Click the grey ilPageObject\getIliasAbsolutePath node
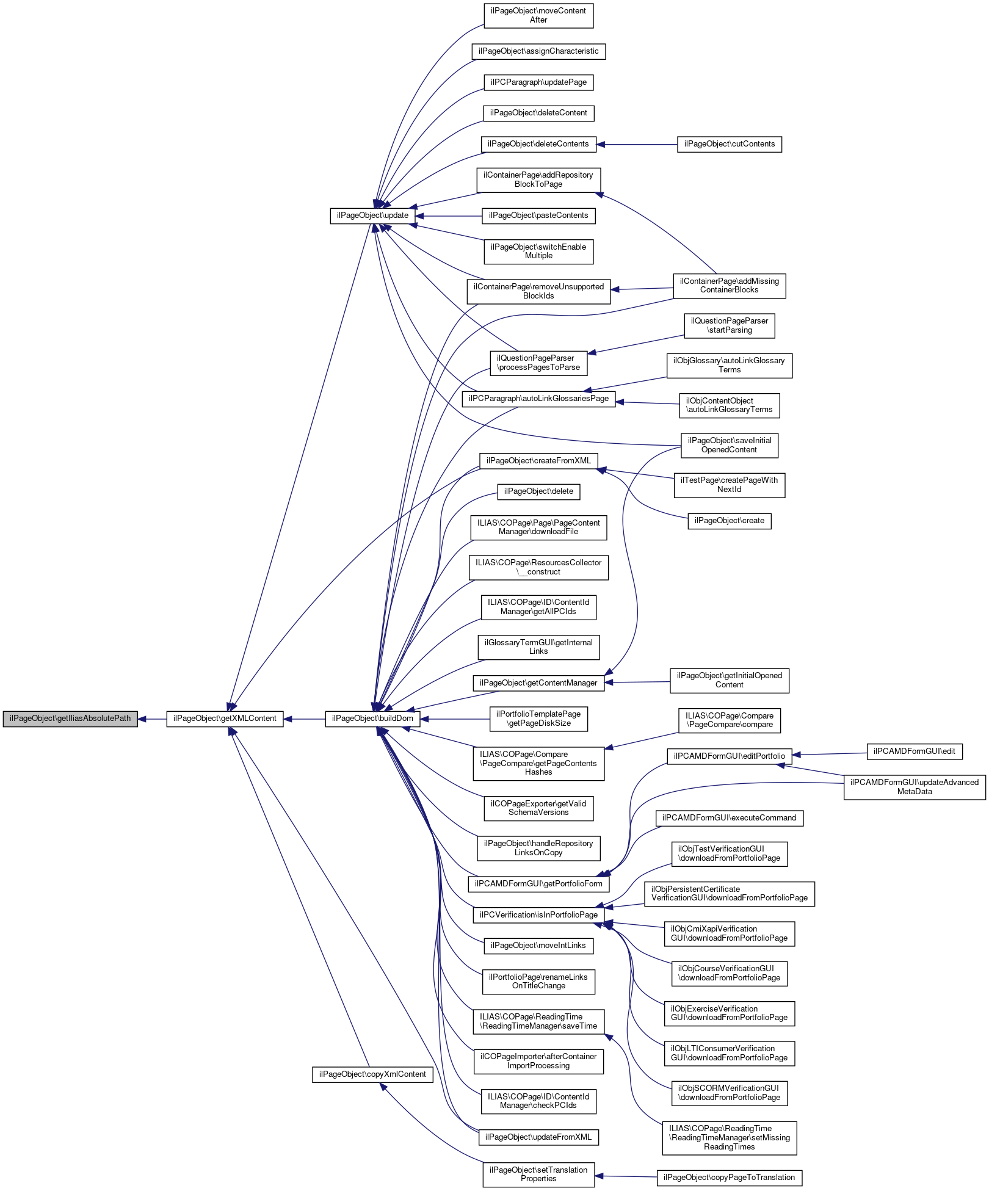(70, 719)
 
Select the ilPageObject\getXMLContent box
(225, 719)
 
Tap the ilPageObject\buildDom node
(372, 719)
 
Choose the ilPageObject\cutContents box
(729, 144)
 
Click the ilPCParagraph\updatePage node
(538, 82)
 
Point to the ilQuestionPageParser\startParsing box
(729, 325)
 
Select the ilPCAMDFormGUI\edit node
(914, 751)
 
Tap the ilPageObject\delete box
(538, 491)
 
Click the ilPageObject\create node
(729, 521)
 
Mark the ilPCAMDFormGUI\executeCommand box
(729, 818)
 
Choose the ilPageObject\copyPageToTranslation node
(729, 1178)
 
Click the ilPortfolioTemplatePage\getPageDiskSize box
(538, 719)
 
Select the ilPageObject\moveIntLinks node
(538, 946)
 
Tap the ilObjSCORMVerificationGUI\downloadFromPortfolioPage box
(729, 1093)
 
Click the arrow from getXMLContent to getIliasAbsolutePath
(152, 719)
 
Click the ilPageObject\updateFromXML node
(538, 1137)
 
